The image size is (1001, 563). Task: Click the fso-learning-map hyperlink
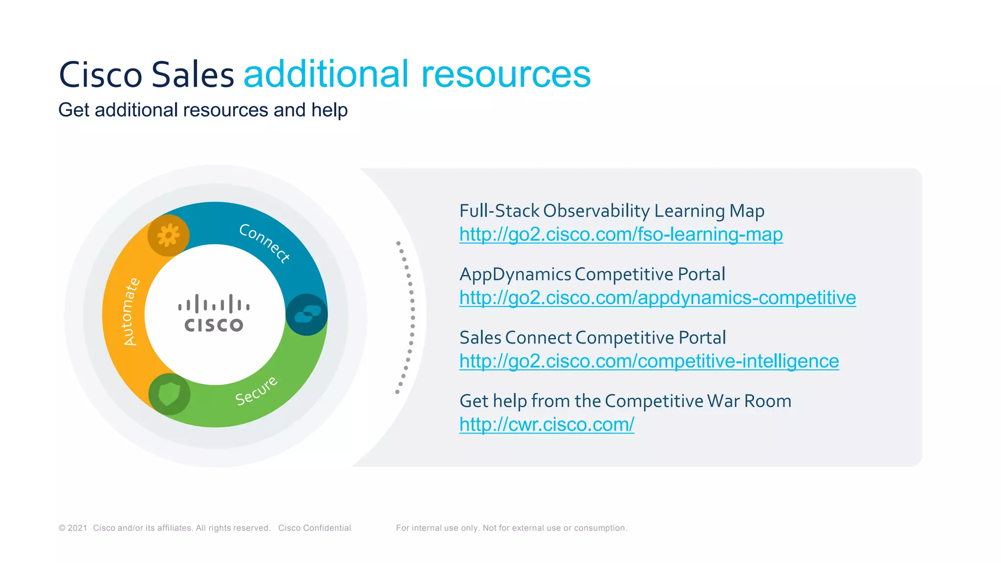click(621, 235)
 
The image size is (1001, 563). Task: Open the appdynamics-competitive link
click(657, 298)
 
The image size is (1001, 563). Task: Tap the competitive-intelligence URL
click(649, 362)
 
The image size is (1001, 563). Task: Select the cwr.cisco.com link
click(546, 425)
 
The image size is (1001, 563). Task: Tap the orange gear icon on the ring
click(169, 236)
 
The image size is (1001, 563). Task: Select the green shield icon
click(169, 394)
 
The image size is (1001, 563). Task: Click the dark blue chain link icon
click(306, 314)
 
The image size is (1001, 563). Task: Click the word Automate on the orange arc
click(131, 312)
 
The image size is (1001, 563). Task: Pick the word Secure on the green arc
click(257, 391)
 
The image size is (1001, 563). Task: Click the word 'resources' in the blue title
click(506, 74)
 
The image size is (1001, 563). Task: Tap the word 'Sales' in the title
click(193, 75)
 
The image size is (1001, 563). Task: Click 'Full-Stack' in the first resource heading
click(499, 211)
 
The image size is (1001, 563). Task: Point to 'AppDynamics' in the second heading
click(515, 274)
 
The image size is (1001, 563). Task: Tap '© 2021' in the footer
click(73, 528)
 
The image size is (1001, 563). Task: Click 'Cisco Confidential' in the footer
click(314, 528)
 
